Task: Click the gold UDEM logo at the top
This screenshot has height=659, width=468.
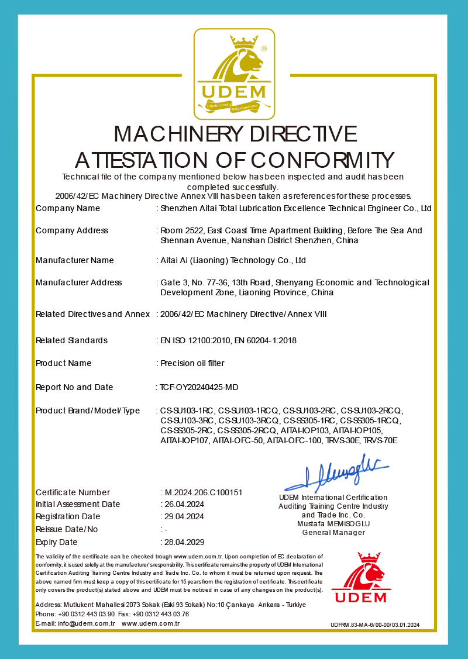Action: coord(234,73)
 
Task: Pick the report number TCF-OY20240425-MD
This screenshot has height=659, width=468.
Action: coord(199,387)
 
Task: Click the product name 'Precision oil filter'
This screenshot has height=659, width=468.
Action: coord(192,363)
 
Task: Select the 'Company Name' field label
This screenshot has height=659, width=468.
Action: coord(68,208)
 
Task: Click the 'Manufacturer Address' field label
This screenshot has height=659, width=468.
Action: coord(79,282)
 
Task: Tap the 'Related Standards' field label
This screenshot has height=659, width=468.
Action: coord(72,340)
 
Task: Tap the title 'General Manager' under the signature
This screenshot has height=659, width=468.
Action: coord(333,532)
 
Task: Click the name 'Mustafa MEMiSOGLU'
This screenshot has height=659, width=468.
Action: coord(333,524)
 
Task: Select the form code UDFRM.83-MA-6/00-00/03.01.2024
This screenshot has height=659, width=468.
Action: coord(375,625)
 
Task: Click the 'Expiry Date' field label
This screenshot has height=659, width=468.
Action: coord(57,542)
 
